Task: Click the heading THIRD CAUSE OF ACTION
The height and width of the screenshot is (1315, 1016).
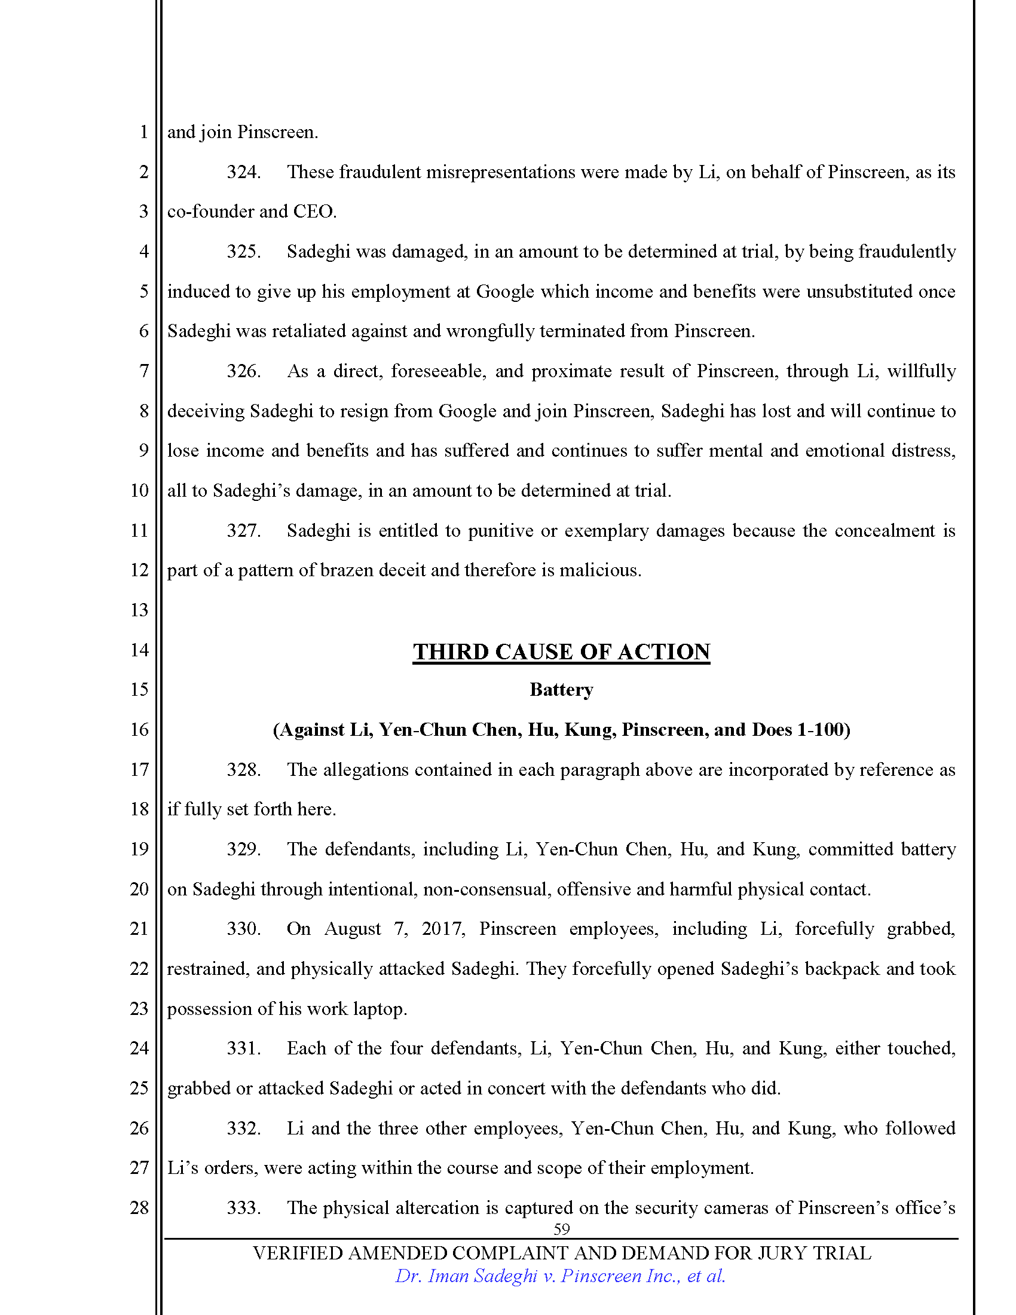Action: pyautogui.click(x=561, y=652)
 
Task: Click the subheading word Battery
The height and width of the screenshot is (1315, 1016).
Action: pyautogui.click(x=561, y=689)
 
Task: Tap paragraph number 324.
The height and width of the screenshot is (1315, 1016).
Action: pyautogui.click(x=243, y=172)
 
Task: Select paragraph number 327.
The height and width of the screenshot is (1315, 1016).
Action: pyautogui.click(x=243, y=530)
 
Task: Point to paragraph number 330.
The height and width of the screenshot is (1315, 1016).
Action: pyautogui.click(x=243, y=928)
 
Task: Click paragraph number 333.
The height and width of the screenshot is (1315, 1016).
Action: pyautogui.click(x=243, y=1207)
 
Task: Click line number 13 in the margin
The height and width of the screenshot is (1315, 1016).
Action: pyautogui.click(x=139, y=610)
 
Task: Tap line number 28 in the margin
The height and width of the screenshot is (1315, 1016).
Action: pyautogui.click(x=139, y=1207)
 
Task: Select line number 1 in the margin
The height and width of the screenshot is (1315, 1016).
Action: pyautogui.click(x=143, y=132)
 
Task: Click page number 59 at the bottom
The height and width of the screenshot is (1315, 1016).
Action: pyautogui.click(x=561, y=1229)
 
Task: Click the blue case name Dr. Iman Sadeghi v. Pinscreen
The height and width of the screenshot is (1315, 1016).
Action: pyautogui.click(x=560, y=1276)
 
